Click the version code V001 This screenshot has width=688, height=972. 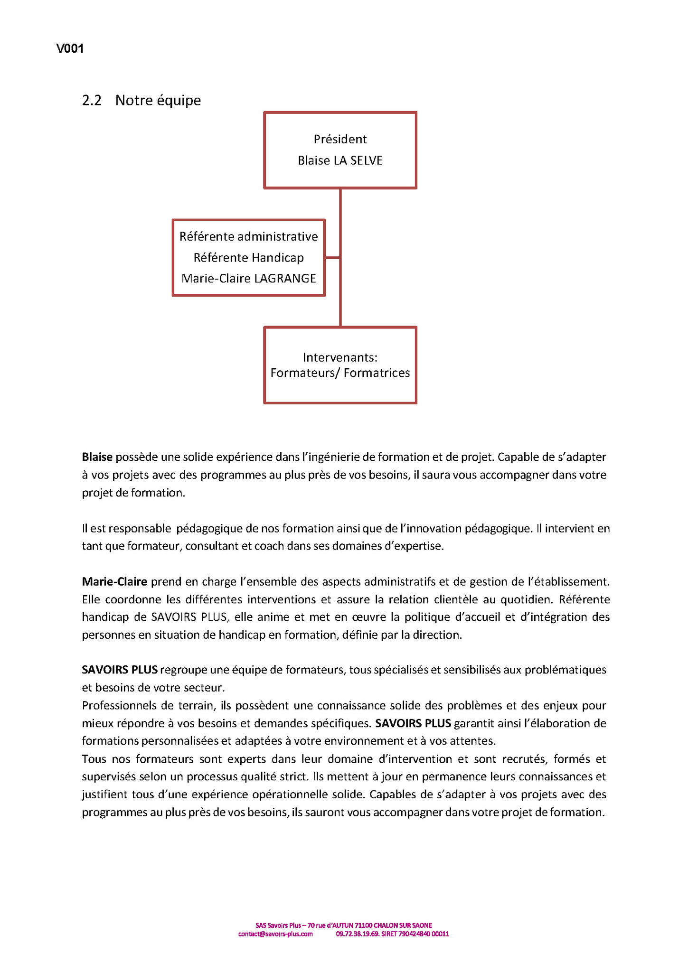point(70,48)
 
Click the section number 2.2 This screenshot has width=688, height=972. point(92,101)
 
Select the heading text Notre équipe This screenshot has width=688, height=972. point(158,101)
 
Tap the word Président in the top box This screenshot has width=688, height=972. point(340,139)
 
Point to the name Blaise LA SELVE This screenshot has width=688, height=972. point(340,160)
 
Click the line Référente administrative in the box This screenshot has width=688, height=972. point(248,236)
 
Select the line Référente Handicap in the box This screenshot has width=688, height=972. point(248,258)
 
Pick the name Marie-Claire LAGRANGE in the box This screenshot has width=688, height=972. point(248,278)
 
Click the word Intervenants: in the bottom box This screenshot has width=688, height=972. point(340,357)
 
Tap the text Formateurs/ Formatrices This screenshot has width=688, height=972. point(340,373)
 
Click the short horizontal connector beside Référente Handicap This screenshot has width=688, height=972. point(333,258)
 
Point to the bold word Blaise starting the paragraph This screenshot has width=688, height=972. point(97,457)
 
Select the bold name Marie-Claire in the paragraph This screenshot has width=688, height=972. point(114,581)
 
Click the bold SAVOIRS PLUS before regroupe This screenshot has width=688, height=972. point(120,670)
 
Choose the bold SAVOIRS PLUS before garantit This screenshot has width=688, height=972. point(413,723)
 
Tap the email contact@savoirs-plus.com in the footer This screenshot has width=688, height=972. point(275,934)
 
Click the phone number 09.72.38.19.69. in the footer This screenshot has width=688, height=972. point(358,934)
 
